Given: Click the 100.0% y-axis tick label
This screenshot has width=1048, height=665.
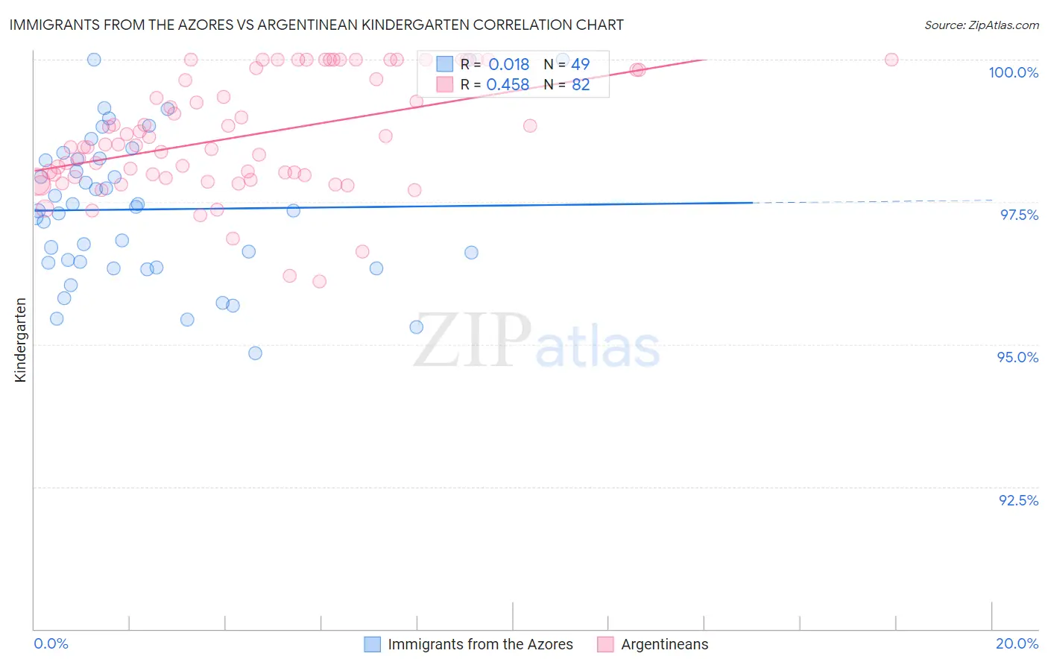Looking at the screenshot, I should click(1013, 72).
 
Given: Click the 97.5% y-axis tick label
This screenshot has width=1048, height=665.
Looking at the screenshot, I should click(1018, 215).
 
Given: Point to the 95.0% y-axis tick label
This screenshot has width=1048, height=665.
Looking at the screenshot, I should click(1017, 357).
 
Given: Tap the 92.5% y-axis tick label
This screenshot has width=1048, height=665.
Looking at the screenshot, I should click(1018, 500).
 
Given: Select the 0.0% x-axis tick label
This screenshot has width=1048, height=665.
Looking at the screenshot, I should click(51, 643).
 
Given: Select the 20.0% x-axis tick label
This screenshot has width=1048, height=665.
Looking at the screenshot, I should click(1017, 643).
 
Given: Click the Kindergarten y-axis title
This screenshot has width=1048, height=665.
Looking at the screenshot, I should click(20, 340).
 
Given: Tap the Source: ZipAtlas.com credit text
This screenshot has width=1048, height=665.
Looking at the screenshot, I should click(981, 25).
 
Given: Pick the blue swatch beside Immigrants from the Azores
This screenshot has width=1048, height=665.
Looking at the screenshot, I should click(372, 644).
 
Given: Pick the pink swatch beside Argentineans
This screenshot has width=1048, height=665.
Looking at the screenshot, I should click(605, 644).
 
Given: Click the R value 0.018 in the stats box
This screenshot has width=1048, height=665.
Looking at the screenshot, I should click(508, 65).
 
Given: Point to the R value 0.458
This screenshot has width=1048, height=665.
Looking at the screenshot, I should click(508, 85).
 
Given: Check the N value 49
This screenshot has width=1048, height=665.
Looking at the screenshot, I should click(580, 65).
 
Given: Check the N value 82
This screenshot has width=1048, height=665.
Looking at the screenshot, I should click(580, 85).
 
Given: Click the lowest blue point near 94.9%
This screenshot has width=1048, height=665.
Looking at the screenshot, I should click(255, 353).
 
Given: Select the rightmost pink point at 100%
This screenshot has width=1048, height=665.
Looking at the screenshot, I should click(891, 60).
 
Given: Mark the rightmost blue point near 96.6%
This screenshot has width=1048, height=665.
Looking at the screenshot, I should click(471, 253).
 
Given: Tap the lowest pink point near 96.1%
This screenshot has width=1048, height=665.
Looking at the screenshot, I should click(319, 281).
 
